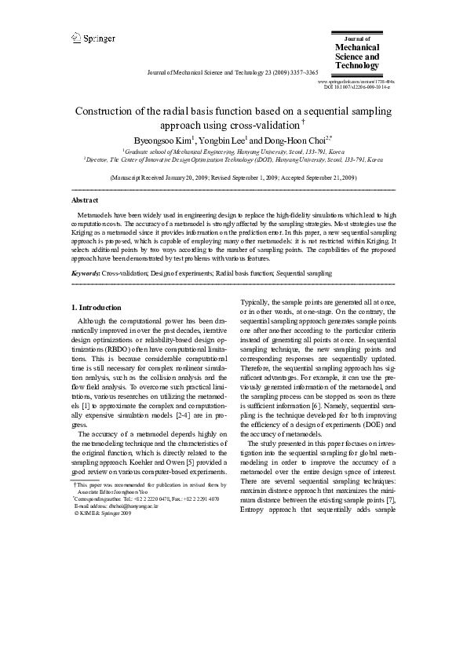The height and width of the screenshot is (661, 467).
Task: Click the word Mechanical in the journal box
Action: point(357,46)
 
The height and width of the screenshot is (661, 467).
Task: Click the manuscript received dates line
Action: point(233,178)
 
